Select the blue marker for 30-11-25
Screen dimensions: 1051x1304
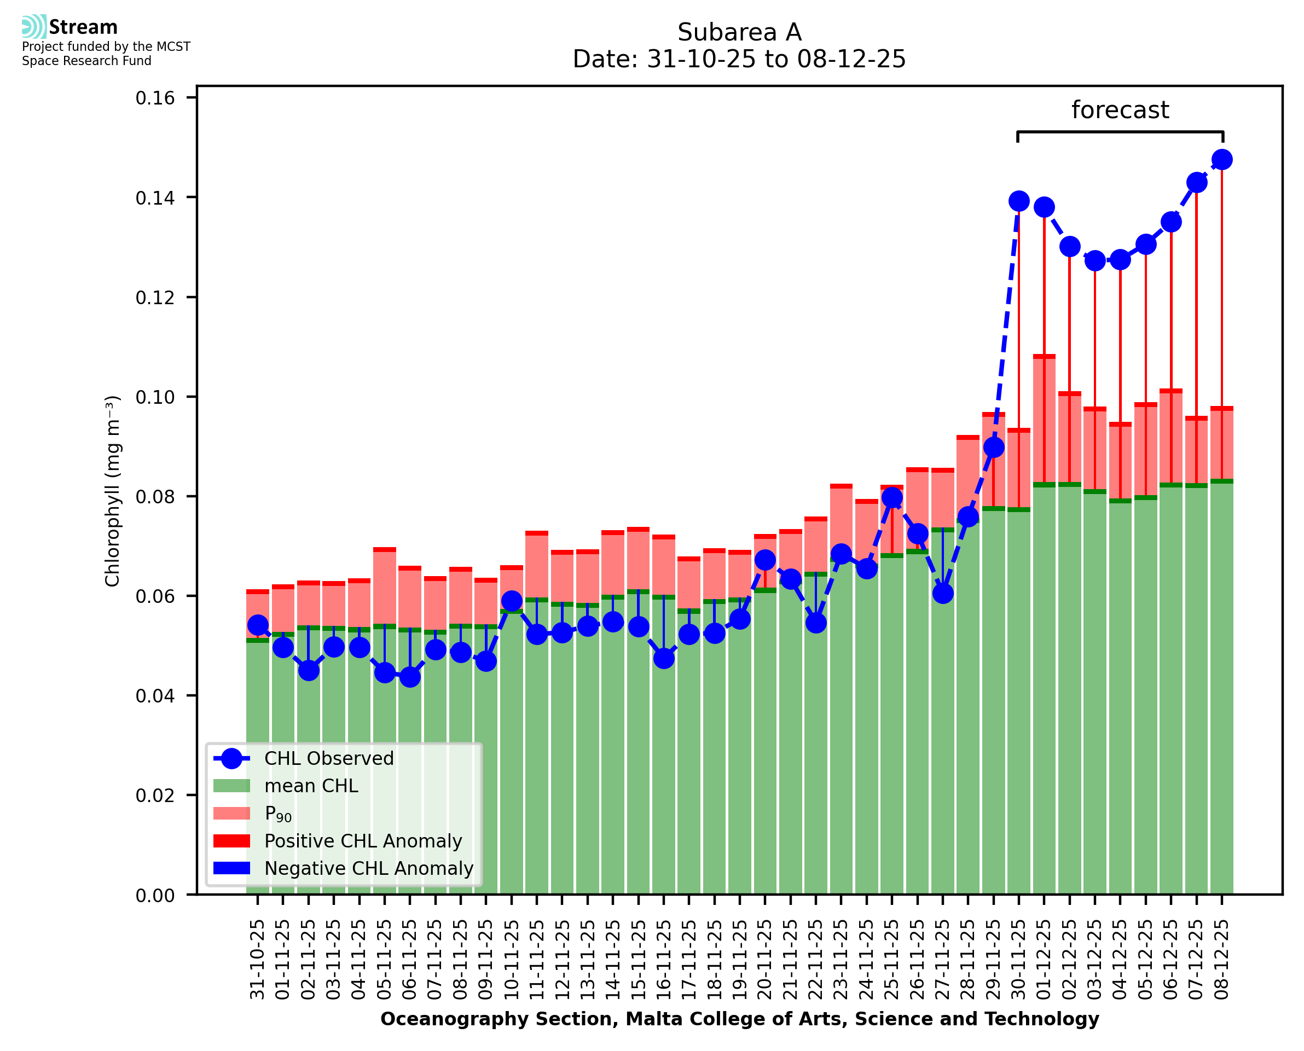(1018, 201)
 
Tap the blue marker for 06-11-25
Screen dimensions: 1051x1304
(410, 677)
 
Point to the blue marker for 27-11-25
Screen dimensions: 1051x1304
(943, 593)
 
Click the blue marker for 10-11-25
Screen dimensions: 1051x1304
(512, 601)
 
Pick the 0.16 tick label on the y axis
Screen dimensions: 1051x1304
(155, 98)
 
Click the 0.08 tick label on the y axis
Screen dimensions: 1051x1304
(155, 497)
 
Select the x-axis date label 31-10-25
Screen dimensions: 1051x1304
(258, 960)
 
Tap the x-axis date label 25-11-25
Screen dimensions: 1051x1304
(892, 960)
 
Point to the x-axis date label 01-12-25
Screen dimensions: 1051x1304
(1044, 960)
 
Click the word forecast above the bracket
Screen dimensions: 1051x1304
(1120, 110)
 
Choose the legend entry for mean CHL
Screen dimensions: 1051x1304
(311, 786)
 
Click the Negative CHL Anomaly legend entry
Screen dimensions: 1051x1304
(369, 868)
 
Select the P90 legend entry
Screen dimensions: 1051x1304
(278, 814)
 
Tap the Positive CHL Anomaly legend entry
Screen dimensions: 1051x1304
(363, 841)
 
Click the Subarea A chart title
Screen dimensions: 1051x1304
(739, 32)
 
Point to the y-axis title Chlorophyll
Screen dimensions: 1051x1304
(113, 491)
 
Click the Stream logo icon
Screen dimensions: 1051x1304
(34, 27)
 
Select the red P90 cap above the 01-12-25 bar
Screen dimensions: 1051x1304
(1044, 357)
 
